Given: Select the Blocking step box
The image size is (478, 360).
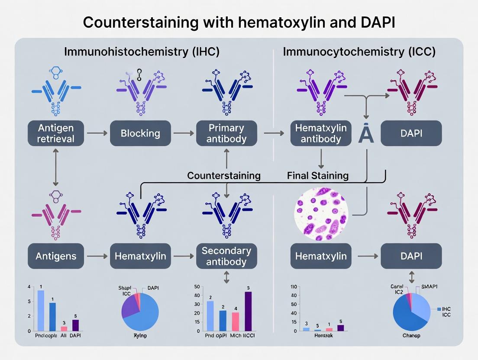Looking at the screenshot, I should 140,133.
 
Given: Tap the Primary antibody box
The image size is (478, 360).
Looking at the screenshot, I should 226,133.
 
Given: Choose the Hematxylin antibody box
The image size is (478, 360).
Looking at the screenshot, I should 321,133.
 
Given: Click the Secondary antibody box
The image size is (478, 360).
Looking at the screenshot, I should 226,256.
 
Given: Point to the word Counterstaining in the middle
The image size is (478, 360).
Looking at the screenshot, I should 223,175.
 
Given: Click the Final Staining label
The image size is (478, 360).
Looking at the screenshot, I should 317,175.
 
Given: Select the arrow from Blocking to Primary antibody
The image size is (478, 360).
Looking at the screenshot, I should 183,133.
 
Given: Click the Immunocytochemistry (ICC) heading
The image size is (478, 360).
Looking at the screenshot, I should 359,52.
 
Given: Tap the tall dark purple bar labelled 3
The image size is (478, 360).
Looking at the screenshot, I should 248,311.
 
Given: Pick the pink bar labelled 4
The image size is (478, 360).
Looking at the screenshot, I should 236,321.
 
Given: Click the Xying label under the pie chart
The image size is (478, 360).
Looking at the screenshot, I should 140,336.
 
